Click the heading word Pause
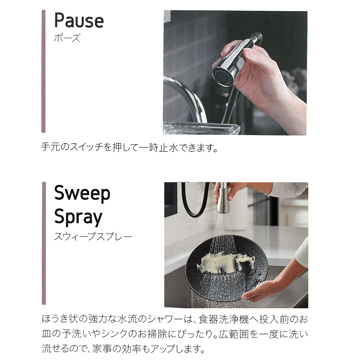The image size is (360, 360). [78, 21]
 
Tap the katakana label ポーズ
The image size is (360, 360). [67, 38]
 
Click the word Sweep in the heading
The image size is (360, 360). [82, 193]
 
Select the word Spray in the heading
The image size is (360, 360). [78, 217]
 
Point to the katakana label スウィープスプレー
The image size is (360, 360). [93, 236]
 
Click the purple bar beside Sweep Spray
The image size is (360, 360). [44, 243]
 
